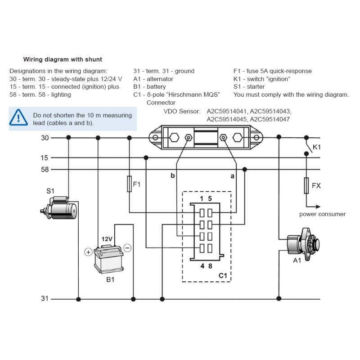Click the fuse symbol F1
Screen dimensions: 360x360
[129, 184]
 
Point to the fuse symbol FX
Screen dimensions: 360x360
[306, 185]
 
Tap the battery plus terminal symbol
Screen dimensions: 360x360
[88, 252]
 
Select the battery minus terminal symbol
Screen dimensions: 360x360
[127, 247]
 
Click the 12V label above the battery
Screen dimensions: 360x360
[107, 239]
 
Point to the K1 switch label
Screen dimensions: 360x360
[317, 147]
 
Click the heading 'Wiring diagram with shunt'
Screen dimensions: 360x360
[63, 59]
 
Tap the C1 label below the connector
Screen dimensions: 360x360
[222, 275]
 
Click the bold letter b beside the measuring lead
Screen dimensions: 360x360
[172, 176]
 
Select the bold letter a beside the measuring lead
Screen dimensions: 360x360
[233, 176]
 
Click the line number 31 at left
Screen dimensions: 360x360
[45, 298]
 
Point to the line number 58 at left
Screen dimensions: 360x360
[45, 170]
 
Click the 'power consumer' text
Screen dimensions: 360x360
[322, 214]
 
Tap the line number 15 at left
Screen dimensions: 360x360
[45, 157]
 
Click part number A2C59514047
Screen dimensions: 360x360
[270, 119]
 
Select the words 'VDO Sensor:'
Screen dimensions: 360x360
[182, 111]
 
